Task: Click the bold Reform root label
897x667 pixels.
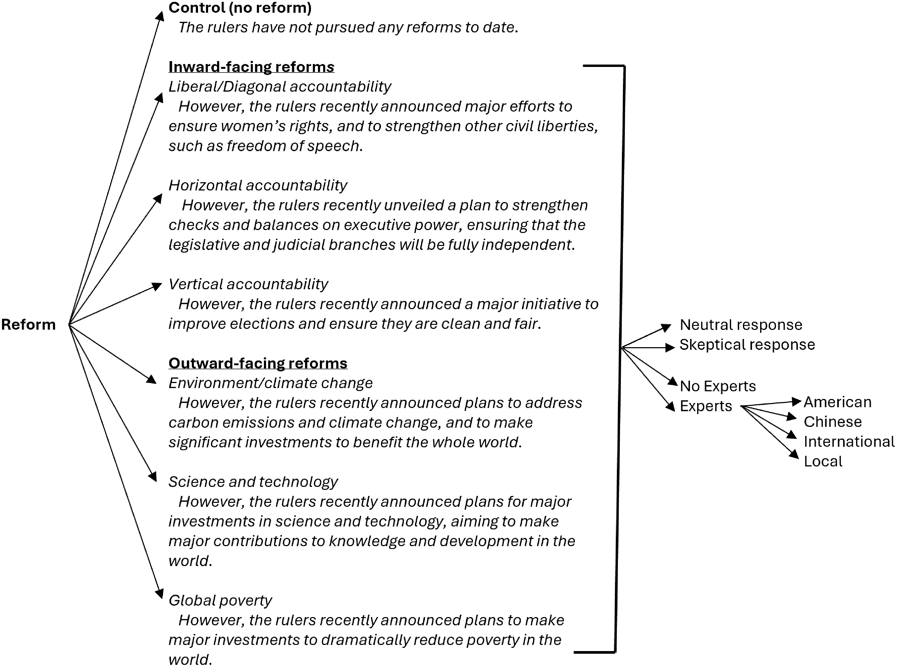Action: pos(28,325)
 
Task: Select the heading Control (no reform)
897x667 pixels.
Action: pos(240,8)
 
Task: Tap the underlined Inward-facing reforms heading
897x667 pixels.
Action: pos(251,67)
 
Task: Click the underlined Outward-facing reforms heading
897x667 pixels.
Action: pos(258,363)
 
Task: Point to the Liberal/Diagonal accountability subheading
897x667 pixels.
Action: pos(280,86)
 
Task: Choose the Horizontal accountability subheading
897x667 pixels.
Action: pos(258,185)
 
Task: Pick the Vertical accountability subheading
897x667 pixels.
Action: pos(248,284)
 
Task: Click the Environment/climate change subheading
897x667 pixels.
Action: pos(270,383)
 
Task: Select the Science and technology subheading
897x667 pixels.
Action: pos(253,482)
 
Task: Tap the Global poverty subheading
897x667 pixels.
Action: pos(220,600)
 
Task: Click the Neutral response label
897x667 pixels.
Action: pos(741,325)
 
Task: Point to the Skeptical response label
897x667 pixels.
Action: pos(747,345)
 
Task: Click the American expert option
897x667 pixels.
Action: pos(837,402)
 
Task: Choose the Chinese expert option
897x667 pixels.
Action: pos(832,422)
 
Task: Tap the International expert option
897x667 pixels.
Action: pos(849,442)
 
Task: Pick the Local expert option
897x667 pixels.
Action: pos(823,461)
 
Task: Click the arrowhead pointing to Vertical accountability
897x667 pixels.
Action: pos(157,286)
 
